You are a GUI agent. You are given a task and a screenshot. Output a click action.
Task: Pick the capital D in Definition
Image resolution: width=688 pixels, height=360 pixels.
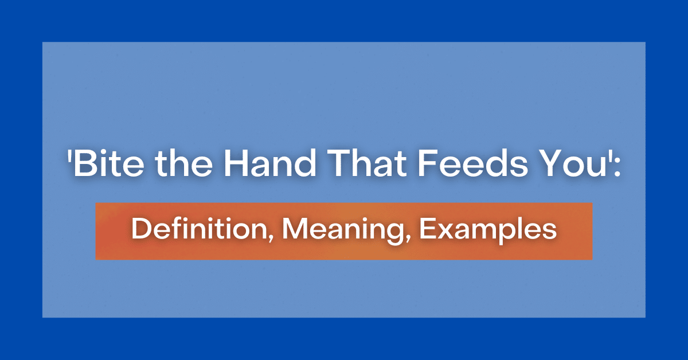(139, 230)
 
